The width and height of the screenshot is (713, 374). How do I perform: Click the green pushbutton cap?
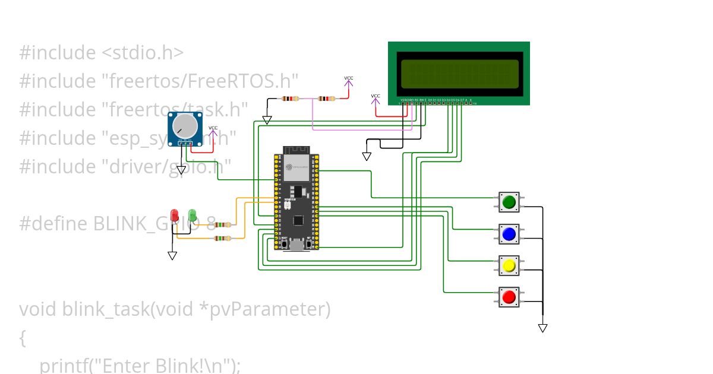tap(509, 202)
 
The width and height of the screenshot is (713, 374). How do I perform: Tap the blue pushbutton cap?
tap(509, 234)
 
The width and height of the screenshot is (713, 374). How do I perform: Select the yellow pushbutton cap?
tap(509, 266)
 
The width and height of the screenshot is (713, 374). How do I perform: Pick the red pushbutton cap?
tap(509, 297)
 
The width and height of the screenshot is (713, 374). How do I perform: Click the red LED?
tap(175, 215)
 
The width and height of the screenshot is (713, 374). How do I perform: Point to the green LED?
tap(192, 215)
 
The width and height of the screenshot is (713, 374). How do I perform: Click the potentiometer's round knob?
tap(184, 125)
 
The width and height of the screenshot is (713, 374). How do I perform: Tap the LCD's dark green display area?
tap(459, 74)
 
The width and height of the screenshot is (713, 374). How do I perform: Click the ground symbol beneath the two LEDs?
tap(172, 256)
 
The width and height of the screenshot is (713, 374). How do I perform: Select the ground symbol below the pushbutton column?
tap(542, 328)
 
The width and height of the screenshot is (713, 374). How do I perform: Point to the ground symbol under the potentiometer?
tap(181, 170)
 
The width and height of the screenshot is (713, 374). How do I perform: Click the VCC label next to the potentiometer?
tap(213, 128)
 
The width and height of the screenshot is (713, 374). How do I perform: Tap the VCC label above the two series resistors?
tap(349, 78)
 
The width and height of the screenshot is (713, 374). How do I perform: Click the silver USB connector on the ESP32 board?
tap(296, 244)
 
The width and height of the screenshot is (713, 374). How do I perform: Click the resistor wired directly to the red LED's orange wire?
tap(222, 238)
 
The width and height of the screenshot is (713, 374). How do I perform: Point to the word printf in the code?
tap(65, 365)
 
